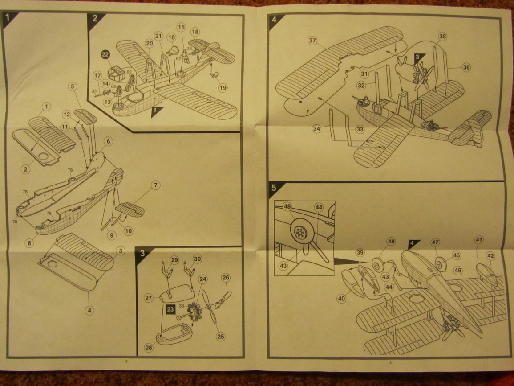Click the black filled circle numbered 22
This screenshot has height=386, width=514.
tap(105, 54)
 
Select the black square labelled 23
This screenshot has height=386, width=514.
tap(170, 309)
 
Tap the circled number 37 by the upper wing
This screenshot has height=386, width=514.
tap(312, 41)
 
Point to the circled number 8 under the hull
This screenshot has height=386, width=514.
tap(29, 243)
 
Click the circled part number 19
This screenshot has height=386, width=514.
tap(223, 88)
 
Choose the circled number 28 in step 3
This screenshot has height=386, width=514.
tap(149, 348)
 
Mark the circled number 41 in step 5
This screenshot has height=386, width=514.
tap(479, 240)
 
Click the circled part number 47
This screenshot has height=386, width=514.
tap(435, 242)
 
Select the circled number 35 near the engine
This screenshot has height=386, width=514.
tap(442, 37)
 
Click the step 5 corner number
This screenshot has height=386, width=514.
tap(274, 188)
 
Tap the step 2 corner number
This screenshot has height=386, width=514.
tap(94, 18)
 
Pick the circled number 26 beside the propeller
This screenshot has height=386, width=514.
tap(226, 278)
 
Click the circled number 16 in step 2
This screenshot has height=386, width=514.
tap(171, 37)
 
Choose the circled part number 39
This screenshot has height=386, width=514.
tap(360, 252)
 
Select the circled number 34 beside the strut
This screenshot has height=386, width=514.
tap(316, 129)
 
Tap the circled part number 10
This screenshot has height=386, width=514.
tap(129, 231)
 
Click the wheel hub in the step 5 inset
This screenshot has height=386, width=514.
tap(300, 233)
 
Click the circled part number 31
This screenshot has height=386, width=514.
tap(364, 74)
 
